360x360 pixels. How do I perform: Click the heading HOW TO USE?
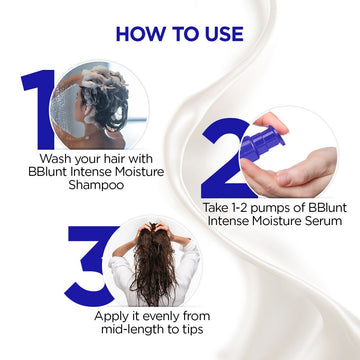pos(180,34)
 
